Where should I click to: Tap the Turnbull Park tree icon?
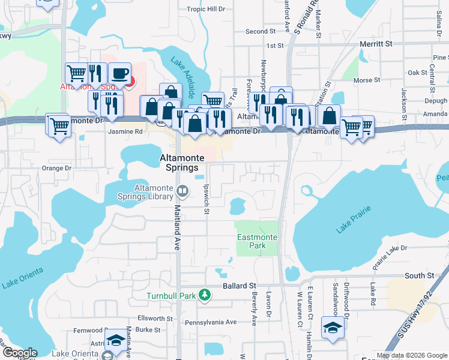205,295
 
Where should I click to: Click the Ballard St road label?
240,286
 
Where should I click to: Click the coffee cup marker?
120,74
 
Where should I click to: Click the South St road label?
419,275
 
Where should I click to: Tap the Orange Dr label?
56,169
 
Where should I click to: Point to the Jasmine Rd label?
125,131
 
